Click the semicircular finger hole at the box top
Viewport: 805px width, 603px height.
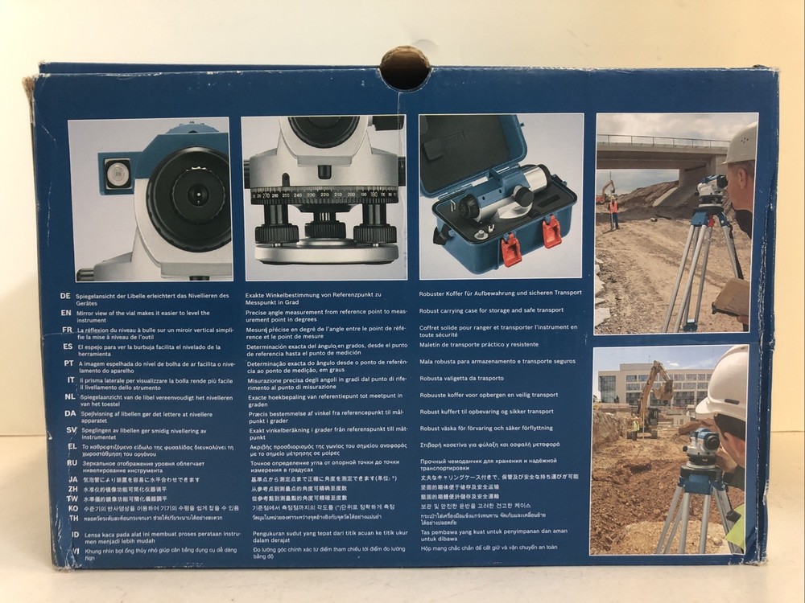[x=404, y=69]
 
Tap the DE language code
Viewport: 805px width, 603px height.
[x=66, y=296]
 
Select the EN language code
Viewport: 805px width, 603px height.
[x=66, y=313]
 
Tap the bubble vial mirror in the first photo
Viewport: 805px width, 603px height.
[x=118, y=174]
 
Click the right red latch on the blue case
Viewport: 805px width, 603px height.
[x=551, y=232]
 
